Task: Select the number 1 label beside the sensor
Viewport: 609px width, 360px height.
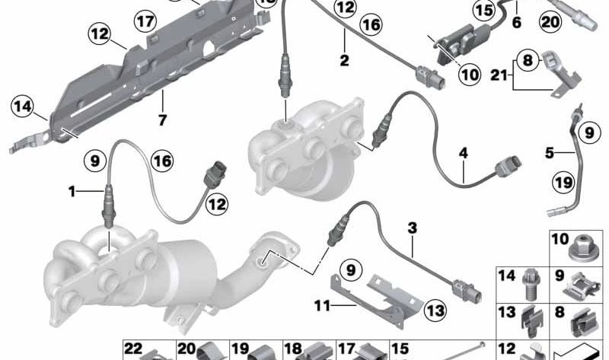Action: tap(73, 192)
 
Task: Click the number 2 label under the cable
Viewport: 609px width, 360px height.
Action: tap(344, 59)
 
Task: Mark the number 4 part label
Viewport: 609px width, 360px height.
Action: tap(462, 152)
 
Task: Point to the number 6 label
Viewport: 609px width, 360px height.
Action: tap(516, 23)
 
